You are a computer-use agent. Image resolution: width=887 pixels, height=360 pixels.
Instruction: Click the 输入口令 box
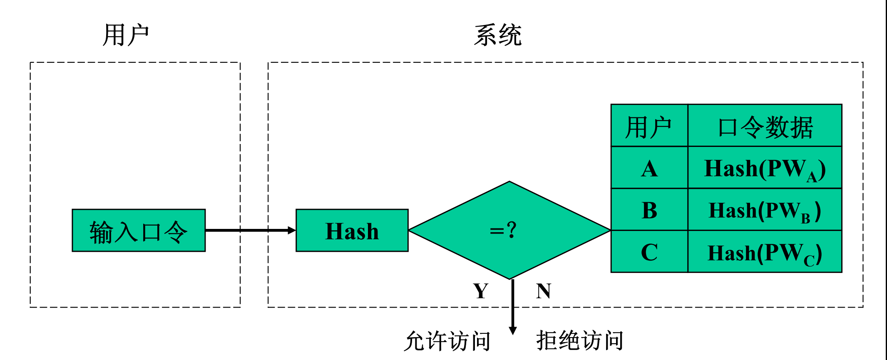pyautogui.click(x=139, y=231)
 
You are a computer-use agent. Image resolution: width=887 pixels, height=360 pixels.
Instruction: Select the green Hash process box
pyautogui.click(x=352, y=231)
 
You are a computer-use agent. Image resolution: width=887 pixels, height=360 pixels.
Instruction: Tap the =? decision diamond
pyautogui.click(x=509, y=230)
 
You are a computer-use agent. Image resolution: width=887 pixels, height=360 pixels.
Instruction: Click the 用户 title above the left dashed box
pyautogui.click(x=126, y=35)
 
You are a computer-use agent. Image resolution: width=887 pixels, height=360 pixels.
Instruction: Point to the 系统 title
pyautogui.click(x=498, y=35)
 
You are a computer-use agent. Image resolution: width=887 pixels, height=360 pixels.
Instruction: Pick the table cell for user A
pyautogui.click(x=649, y=169)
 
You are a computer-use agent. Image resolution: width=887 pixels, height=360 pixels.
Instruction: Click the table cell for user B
pyautogui.click(x=649, y=210)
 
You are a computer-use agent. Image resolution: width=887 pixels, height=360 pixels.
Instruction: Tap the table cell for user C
pyautogui.click(x=649, y=252)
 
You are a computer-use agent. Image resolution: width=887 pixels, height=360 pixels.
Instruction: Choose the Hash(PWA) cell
pyautogui.click(x=765, y=169)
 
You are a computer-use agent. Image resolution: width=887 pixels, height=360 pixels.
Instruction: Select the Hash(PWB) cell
pyautogui.click(x=765, y=210)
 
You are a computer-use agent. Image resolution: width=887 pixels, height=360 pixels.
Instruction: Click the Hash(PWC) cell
pyautogui.click(x=765, y=252)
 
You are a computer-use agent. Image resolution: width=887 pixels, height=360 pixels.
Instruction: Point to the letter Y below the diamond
pyautogui.click(x=481, y=291)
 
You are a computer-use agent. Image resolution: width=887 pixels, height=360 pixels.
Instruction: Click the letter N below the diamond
pyautogui.click(x=543, y=291)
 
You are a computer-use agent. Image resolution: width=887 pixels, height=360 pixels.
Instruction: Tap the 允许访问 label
pyautogui.click(x=447, y=341)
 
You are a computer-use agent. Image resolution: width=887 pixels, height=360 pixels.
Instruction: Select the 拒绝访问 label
pyautogui.click(x=580, y=340)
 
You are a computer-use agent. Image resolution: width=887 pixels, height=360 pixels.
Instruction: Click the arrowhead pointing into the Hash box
pyautogui.click(x=291, y=230)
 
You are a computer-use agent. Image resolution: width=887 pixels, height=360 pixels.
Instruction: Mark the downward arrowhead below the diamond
pyautogui.click(x=513, y=330)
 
